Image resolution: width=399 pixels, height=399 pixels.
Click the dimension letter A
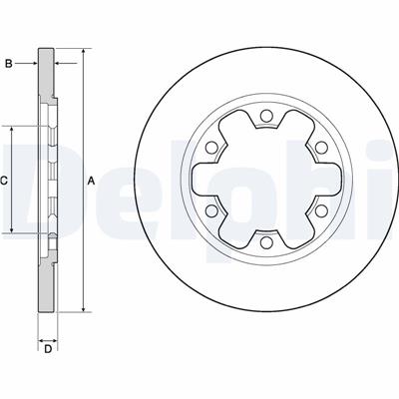click(91, 182)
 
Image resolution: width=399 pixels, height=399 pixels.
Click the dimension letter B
click(9, 63)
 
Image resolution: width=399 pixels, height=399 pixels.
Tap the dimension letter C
click(4, 181)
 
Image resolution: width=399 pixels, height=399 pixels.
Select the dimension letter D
click(48, 349)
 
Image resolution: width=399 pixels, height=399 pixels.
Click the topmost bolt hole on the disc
click(265, 116)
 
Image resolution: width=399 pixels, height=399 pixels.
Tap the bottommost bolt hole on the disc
click(265, 242)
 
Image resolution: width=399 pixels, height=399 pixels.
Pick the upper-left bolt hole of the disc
click(211, 148)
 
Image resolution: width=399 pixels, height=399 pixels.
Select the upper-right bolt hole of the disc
click(320, 148)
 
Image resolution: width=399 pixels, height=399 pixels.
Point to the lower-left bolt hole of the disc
click(211, 210)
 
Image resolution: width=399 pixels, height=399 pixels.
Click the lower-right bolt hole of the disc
click(320, 210)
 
